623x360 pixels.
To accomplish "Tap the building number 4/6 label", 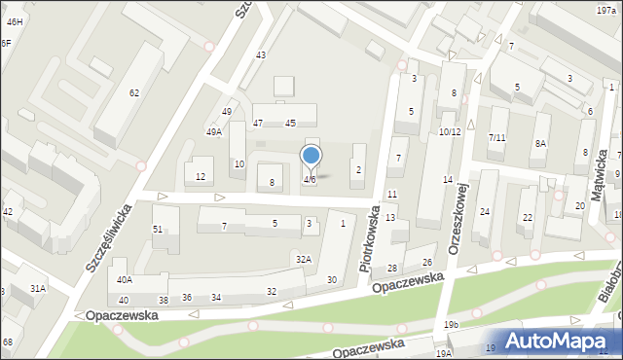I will coord(310,180).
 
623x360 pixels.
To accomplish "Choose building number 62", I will coord(134,92).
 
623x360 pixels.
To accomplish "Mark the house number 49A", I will coord(213,131).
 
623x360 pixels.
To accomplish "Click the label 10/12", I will coord(449,131).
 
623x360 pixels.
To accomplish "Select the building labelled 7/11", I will coord(496,137).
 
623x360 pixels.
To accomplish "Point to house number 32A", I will coord(304,259).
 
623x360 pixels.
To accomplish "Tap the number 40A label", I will coord(125,279).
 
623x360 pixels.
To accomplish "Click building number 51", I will coord(158,229).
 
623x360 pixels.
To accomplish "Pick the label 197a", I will coord(605,9).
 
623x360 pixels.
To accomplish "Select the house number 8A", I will coord(540,143).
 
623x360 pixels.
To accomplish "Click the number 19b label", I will coord(451,324).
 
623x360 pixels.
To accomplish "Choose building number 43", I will coord(261,54).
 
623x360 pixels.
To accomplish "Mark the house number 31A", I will coord(38,288).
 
